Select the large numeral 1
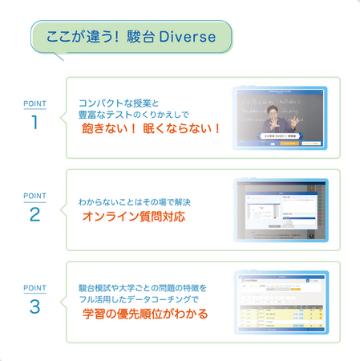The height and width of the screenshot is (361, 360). pos(34,123)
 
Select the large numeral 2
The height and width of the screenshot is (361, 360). pos(34,215)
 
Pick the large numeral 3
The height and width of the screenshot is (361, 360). pos(34,306)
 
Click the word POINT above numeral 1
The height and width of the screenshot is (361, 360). pos(34,103)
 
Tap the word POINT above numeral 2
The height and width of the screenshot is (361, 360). pos(34,196)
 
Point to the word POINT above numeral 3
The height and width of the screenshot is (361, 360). pos(34,287)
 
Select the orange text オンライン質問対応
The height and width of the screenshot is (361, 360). pos(134,217)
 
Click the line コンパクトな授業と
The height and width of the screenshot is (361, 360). pos(119,103)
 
